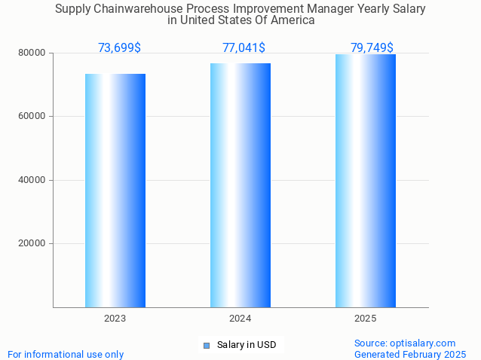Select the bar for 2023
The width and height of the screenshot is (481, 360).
pos(115,190)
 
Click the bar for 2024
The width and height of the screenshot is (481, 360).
pos(240,185)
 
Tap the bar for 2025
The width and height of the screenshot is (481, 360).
pos(366,181)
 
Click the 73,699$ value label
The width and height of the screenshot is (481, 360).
pos(119,48)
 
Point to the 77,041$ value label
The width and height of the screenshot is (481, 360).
pos(244,48)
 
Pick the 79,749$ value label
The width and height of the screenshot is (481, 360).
pos(372,48)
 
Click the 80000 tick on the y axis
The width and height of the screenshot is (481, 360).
pos(33,53)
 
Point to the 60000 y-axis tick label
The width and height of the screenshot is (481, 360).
pos(33,117)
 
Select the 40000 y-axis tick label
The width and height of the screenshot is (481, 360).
pos(33,180)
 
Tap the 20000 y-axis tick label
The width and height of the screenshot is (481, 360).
pos(33,244)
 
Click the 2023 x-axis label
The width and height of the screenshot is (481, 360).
pos(115,319)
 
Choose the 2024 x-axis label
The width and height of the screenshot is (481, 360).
pos(240,319)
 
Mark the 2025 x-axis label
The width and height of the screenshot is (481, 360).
pos(366,319)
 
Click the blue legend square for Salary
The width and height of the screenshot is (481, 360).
pos(206,346)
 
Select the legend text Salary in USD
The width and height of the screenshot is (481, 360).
pos(247,346)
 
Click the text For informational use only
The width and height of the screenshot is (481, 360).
pos(66,354)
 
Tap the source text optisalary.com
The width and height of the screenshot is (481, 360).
pos(405,343)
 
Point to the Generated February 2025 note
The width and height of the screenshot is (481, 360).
pos(410,354)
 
